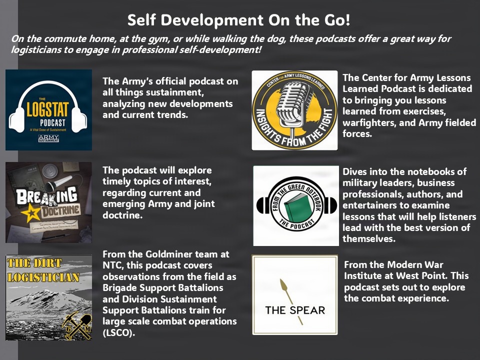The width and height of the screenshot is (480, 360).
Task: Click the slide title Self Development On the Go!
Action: pyautogui.click(x=238, y=20)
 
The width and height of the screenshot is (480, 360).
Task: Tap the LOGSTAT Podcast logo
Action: pyautogui.click(x=48, y=110)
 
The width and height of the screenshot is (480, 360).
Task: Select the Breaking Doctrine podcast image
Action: pyautogui.click(x=48, y=202)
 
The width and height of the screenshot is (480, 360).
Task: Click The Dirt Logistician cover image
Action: pyautogui.click(x=48, y=297)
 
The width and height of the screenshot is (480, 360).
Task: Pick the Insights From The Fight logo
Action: pyautogui.click(x=294, y=110)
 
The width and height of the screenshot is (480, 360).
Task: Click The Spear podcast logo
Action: pyautogui.click(x=294, y=295)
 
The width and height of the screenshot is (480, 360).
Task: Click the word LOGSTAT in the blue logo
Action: pyautogui.click(x=48, y=110)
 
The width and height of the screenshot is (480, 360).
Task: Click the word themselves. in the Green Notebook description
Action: pyautogui.click(x=368, y=239)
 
